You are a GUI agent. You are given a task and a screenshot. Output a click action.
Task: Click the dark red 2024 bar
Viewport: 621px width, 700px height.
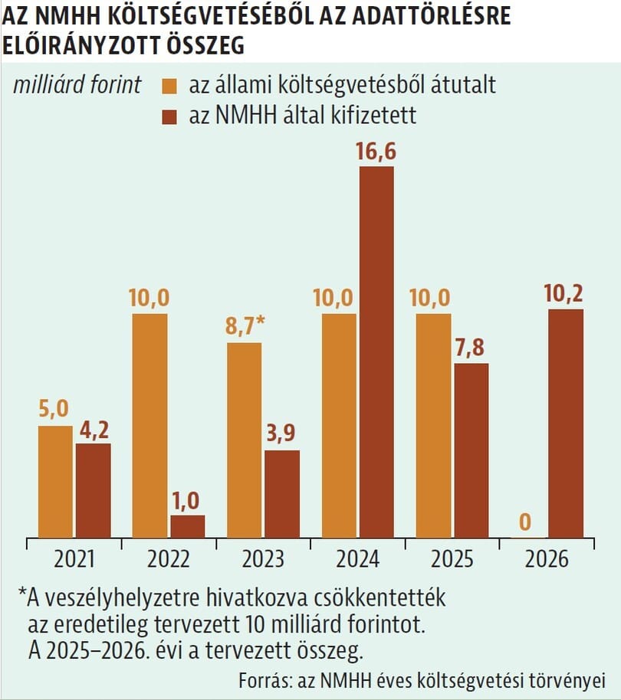[376, 352]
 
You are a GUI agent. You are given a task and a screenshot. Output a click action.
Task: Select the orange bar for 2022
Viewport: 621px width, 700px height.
[149, 425]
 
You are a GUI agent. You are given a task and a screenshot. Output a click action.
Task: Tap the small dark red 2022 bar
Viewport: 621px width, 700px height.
[187, 526]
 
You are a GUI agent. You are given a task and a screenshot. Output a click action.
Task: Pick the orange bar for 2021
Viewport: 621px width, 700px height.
[55, 481]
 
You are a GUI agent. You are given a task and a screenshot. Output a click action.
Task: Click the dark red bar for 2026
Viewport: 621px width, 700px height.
[565, 423]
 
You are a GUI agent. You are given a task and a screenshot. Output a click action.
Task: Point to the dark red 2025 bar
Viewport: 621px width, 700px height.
[471, 450]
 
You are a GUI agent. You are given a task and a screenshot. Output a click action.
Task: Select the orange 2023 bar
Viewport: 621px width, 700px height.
[244, 440]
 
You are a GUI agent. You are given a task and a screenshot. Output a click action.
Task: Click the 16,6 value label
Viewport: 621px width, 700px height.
[376, 152]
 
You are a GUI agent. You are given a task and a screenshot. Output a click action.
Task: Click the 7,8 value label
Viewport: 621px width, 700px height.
[471, 348]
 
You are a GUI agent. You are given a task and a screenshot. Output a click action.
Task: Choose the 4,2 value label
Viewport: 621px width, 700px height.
[93, 429]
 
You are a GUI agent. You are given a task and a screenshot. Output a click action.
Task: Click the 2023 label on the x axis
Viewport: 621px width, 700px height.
[263, 559]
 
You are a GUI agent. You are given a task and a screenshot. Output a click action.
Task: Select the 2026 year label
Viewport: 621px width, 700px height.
[547, 559]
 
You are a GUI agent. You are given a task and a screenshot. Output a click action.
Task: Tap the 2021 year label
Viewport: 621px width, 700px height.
[74, 559]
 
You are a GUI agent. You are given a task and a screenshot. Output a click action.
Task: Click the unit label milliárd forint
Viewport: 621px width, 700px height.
[77, 84]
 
